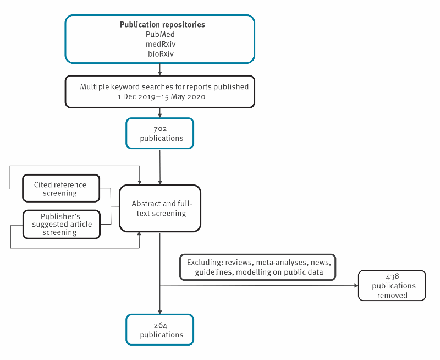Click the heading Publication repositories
coord(162,25)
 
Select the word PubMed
coord(160,34)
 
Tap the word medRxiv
coord(161,44)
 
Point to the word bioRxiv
coord(161,53)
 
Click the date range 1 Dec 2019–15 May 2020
coord(161,96)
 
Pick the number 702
coord(160,129)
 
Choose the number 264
coord(161,325)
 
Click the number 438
coord(393,277)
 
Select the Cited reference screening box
coord(61,188)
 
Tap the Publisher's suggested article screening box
coord(62,225)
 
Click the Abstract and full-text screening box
coord(160,209)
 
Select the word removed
coord(392,296)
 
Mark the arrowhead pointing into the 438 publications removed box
coord(356,286)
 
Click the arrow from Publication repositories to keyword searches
coord(160,69)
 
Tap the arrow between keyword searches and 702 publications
coord(160,113)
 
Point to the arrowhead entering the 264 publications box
coord(160,312)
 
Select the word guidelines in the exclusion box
coord(213,272)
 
